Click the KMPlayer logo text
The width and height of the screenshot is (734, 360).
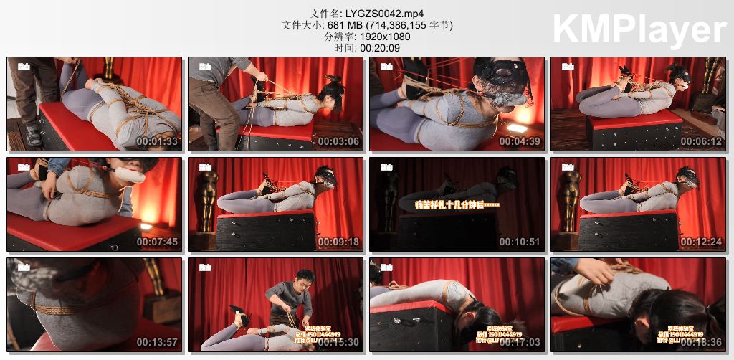point(639,31)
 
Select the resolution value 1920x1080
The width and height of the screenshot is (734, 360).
point(388,37)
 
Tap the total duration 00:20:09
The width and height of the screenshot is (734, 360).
point(379,48)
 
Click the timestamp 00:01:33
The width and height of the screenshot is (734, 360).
point(157,141)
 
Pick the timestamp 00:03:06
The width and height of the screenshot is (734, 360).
point(338,141)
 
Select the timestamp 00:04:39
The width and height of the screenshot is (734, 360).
point(520,141)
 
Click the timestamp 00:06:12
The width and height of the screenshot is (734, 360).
point(701,141)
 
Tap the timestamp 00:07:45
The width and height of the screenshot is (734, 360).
point(157,242)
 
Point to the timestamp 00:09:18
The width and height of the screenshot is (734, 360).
point(338,242)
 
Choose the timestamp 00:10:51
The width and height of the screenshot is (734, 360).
point(520,242)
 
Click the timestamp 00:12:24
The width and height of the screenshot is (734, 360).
point(701,242)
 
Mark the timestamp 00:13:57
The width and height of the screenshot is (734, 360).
point(157,342)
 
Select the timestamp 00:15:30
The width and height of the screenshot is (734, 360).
point(338,342)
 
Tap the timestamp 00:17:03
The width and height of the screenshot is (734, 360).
point(520,342)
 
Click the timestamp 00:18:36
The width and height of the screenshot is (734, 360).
point(701,342)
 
